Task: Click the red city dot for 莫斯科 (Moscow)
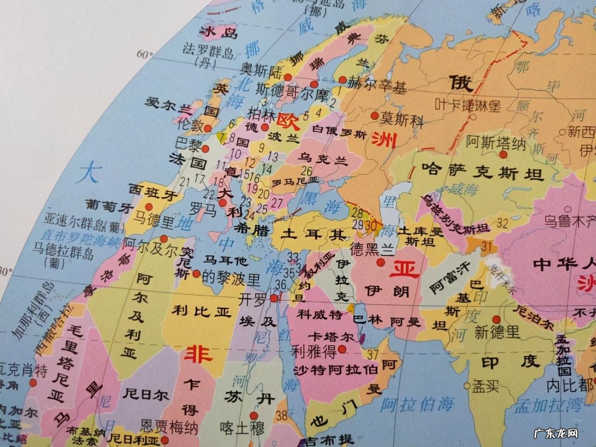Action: click(374, 115)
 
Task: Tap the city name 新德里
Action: click(497, 332)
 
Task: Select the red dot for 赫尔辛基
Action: click(343, 80)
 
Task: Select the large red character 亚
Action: click(405, 269)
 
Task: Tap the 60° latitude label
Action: click(145, 55)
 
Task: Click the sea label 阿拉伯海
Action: click(417, 405)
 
